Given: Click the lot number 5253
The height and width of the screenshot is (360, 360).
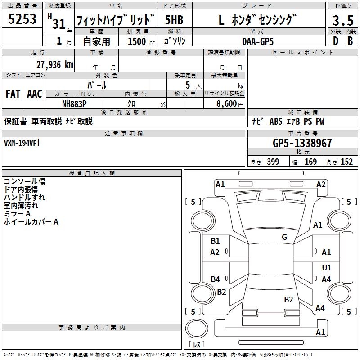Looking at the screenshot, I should (22, 19).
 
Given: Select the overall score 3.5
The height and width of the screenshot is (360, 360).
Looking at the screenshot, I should (342, 20).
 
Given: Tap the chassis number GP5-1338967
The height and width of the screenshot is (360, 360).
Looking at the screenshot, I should (302, 143).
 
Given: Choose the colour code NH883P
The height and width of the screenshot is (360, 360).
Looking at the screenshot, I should (74, 103).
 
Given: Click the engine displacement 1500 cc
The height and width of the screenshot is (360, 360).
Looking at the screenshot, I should (137, 41).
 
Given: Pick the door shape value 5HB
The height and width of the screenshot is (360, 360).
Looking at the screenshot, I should (174, 20).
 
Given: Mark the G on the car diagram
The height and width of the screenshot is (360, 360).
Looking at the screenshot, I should (284, 237).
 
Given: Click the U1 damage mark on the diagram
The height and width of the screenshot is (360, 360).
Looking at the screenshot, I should (327, 268).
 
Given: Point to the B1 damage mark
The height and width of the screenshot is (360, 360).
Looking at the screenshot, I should (215, 241).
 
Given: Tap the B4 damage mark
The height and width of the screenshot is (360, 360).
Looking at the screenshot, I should (215, 279).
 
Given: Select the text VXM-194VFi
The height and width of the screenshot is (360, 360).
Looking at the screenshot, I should (22, 143).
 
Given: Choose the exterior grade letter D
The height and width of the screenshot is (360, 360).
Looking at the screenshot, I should (335, 40).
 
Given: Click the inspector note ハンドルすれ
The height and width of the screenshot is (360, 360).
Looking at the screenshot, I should (24, 198).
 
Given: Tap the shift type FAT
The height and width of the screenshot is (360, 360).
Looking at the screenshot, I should (13, 94).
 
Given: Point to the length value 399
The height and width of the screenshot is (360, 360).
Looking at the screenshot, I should (273, 162).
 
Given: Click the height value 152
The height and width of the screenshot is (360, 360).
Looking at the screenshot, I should (346, 162).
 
